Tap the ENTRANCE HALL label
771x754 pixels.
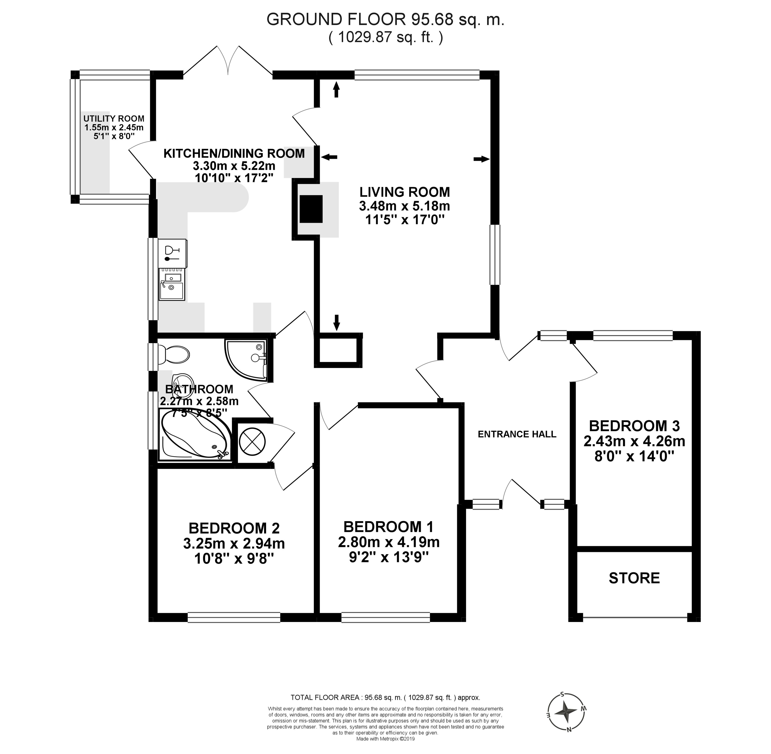point(517,434)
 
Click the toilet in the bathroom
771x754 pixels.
point(174,354)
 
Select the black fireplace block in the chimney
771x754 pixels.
point(311,209)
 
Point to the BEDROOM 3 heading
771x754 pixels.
point(634,426)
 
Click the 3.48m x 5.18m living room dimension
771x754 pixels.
point(404,206)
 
